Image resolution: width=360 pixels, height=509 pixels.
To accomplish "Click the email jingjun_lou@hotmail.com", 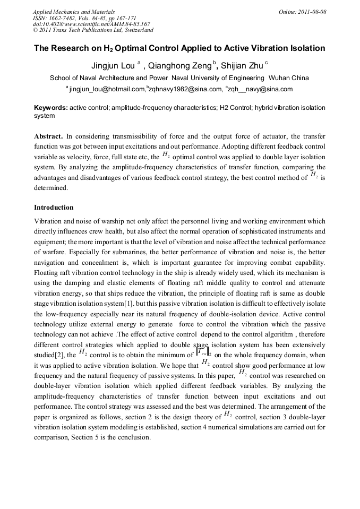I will click(107, 89).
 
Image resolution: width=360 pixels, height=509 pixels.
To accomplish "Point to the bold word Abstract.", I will click(49, 136).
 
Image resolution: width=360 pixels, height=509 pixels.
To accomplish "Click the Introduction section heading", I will click(54, 208).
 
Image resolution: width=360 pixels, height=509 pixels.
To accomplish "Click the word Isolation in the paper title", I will click(305, 48).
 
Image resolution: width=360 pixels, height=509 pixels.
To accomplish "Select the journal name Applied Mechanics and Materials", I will click(74, 12).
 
